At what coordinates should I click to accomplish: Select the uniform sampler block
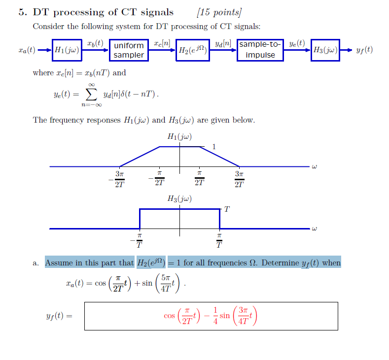(129, 50)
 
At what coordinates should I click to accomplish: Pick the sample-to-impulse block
(260, 50)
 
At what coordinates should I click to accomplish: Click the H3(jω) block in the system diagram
(325, 50)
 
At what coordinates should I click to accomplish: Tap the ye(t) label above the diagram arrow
(297, 43)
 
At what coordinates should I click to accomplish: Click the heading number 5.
(21, 12)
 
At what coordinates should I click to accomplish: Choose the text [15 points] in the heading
(219, 12)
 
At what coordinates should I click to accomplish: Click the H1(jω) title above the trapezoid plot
(179, 136)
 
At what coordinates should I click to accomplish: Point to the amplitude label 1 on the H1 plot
(213, 146)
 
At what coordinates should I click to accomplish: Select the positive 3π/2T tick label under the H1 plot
(239, 179)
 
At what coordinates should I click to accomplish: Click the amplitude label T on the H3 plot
(226, 209)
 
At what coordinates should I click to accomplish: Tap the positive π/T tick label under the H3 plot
(219, 241)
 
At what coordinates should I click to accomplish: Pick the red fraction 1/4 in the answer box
(215, 315)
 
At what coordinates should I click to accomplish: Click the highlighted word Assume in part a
(58, 263)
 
